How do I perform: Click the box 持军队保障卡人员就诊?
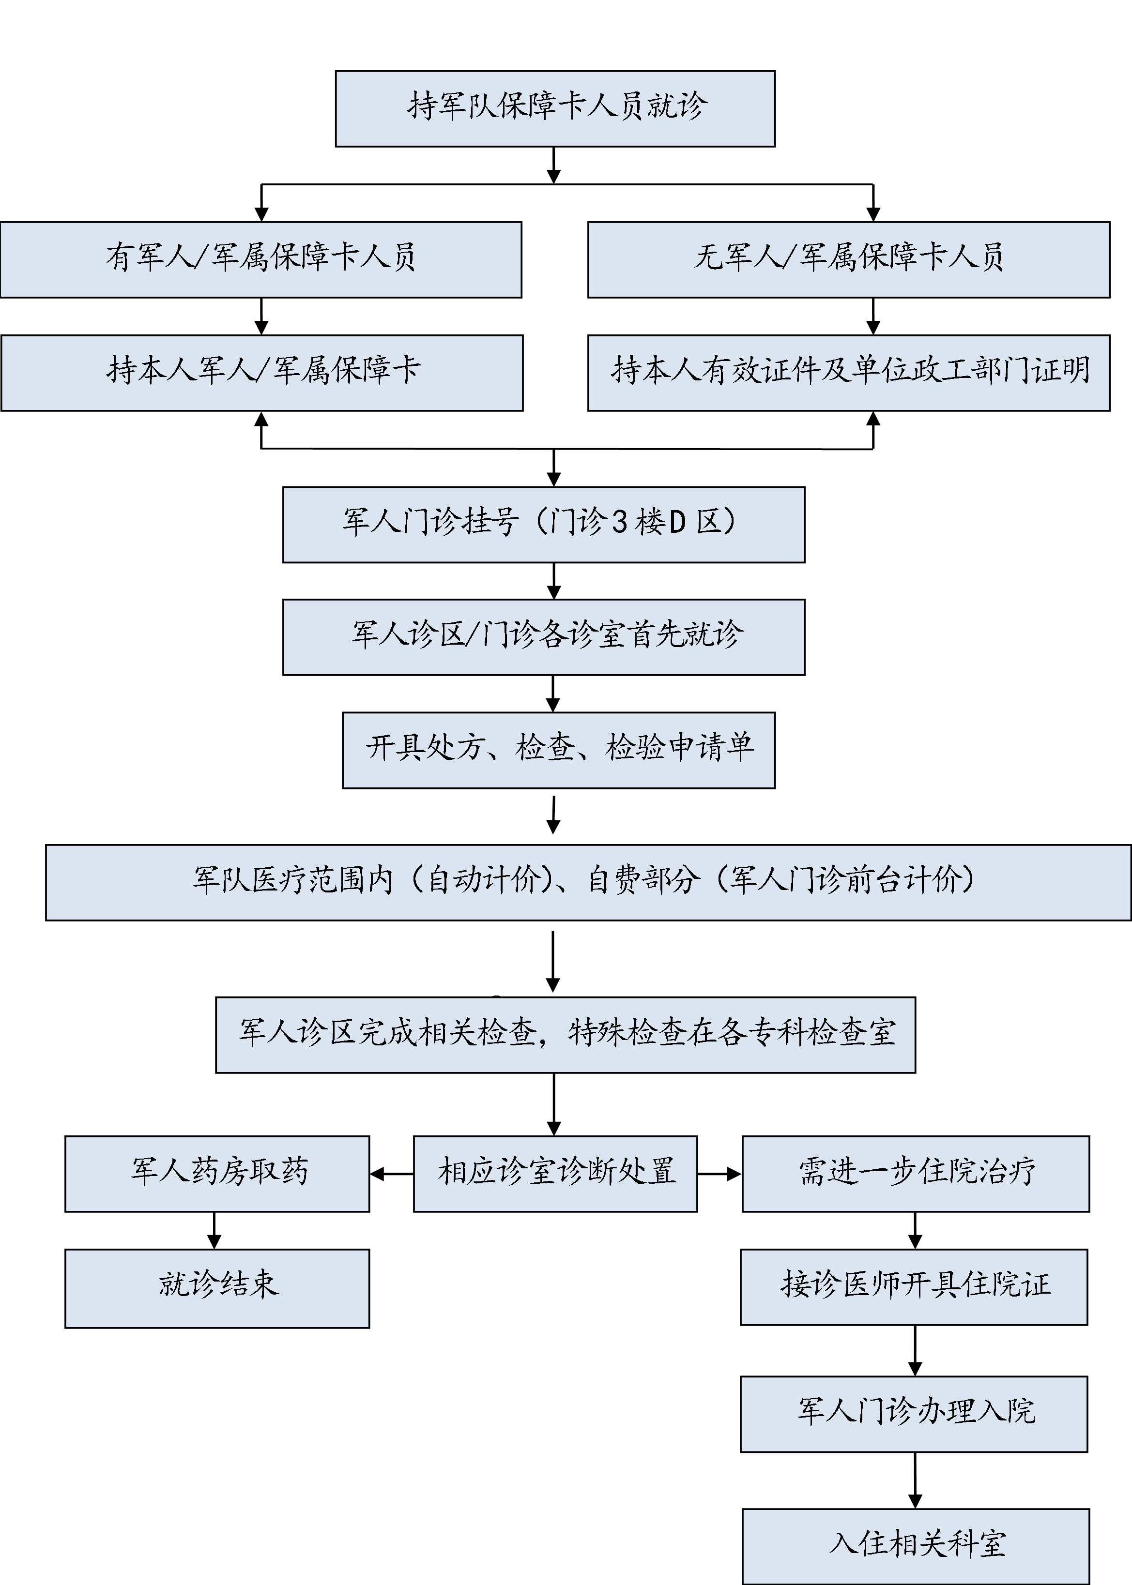coord(555,109)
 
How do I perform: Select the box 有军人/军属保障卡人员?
coord(260,259)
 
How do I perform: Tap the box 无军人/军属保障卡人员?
coord(848,259)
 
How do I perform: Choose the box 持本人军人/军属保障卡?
coord(262,373)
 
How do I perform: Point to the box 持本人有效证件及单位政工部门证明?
coord(848,373)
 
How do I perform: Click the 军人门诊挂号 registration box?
coord(544,525)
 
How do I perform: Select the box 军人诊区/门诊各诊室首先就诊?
coord(544,637)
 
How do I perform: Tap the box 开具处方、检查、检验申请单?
coord(558,750)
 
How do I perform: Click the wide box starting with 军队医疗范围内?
coord(588,882)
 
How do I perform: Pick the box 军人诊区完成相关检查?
coord(566,1035)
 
